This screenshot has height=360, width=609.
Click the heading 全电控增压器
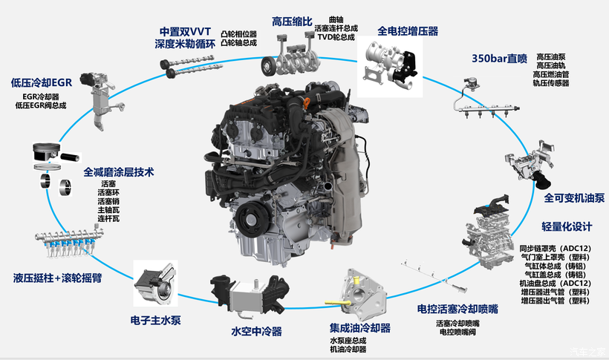coord(408,31)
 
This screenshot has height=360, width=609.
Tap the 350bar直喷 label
coord(500,59)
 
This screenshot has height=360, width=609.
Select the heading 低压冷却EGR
coord(42,82)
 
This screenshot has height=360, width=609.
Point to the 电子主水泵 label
coord(155,321)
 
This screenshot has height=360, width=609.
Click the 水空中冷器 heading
coord(256,331)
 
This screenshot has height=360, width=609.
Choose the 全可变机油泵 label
coord(574,198)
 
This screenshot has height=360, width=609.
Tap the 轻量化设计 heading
coord(567,227)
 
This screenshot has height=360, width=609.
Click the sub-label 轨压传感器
coord(551,83)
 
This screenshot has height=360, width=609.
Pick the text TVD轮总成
coord(336,37)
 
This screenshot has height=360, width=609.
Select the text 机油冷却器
coord(348,349)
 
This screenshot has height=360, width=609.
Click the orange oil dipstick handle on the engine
coord(307,103)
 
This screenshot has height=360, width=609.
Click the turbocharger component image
coord(390,66)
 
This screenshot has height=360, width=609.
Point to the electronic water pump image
coord(155,283)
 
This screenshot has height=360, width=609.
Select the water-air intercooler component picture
coord(250,295)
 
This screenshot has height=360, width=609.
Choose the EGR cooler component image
coord(102,99)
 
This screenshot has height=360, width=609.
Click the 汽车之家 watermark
coord(587,352)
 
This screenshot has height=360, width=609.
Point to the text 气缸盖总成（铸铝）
coord(555,275)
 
